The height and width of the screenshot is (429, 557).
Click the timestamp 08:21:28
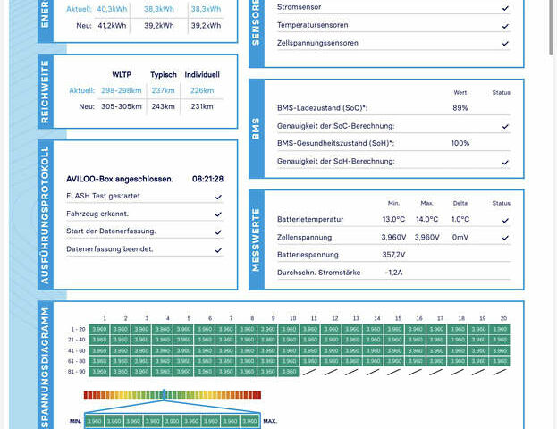pos(207,179)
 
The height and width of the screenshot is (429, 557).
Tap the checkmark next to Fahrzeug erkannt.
pos(218,214)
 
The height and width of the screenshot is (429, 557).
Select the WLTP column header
pos(122,74)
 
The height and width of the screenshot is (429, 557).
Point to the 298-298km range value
pos(122,90)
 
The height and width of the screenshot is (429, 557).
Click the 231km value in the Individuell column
pos(202,106)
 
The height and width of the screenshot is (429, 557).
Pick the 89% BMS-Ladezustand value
pos(460,108)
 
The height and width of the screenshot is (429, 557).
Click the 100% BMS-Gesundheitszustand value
pos(460,143)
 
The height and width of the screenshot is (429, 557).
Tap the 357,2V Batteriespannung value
pos(393,255)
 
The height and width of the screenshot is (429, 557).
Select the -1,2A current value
pos(393,272)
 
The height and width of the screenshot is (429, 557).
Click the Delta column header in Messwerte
pos(460,203)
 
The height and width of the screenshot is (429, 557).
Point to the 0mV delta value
pos(460,237)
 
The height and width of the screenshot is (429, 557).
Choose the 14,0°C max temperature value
pos(427,219)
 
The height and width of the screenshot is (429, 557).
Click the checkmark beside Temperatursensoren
pos(505,25)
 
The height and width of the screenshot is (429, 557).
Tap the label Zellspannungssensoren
pos(317,42)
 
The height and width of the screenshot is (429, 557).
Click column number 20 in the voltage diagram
pos(503,318)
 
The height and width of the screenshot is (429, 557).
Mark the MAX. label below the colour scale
pos(270,421)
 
